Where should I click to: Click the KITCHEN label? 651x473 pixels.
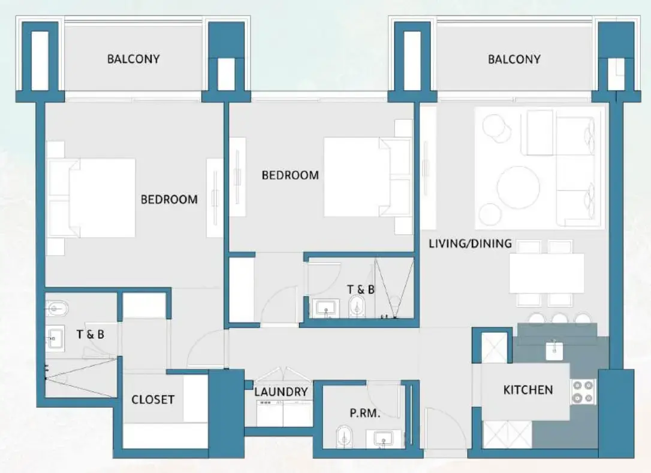click(x=528, y=390)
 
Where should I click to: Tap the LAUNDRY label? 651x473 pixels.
click(x=281, y=392)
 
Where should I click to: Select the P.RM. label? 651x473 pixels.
click(x=365, y=413)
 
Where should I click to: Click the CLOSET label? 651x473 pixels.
click(x=153, y=399)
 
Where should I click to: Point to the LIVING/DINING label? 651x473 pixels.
click(x=470, y=243)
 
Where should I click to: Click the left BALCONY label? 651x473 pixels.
click(x=133, y=59)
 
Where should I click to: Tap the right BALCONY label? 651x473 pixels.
click(x=514, y=59)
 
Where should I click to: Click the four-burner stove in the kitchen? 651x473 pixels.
click(x=583, y=391)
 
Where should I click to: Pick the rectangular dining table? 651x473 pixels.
click(x=546, y=273)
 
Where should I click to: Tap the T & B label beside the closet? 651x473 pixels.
click(x=90, y=334)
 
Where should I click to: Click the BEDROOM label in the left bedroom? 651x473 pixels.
click(x=168, y=199)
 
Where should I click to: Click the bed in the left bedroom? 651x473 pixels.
click(x=99, y=198)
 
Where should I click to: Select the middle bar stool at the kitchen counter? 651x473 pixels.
click(x=559, y=318)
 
